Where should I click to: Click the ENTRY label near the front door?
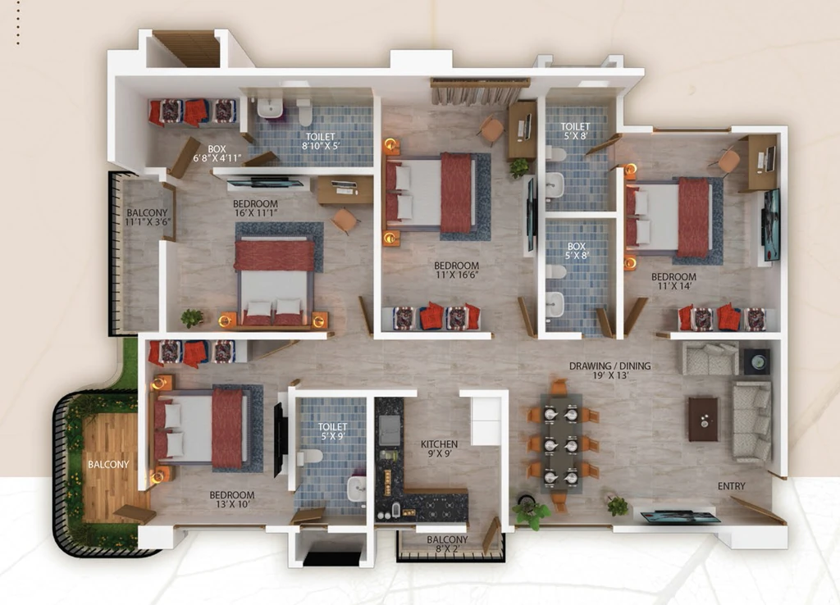[x=731, y=486]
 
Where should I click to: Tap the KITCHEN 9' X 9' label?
[x=439, y=448]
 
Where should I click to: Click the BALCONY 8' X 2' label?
[x=447, y=544]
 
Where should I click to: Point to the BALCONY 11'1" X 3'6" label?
[x=147, y=217]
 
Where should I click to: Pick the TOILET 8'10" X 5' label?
[x=321, y=141]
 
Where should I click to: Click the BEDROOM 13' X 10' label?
[x=232, y=499]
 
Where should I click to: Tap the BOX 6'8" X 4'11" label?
[x=217, y=153]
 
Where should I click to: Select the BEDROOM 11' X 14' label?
[x=674, y=281]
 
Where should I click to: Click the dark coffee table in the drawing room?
[x=703, y=419]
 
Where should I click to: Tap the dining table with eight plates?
[x=561, y=444]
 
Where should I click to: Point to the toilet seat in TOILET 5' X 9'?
[x=309, y=457]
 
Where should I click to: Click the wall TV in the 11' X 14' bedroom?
[x=771, y=225]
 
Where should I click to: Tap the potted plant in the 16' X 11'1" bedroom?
[x=192, y=318]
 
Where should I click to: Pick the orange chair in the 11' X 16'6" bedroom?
[x=491, y=130]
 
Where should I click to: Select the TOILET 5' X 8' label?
[x=575, y=130]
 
